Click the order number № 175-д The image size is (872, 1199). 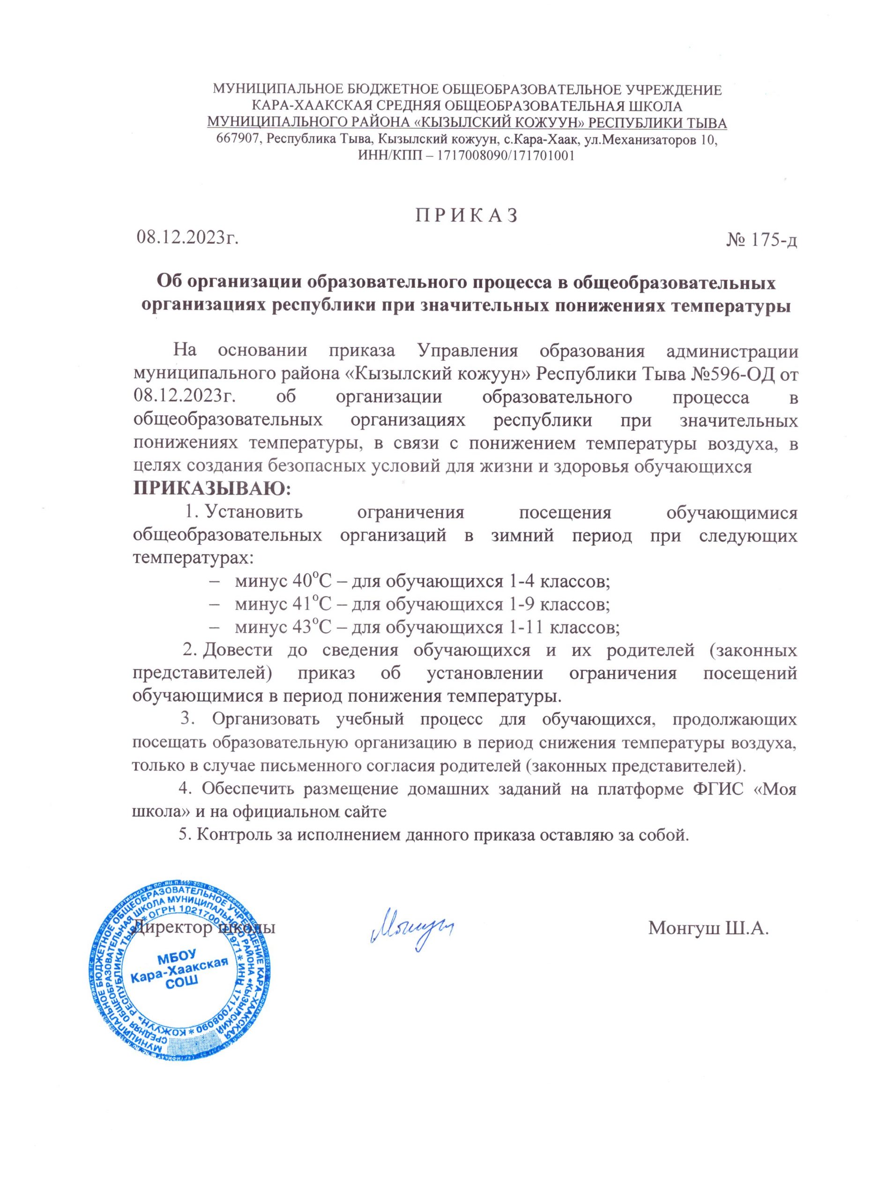[x=762, y=241]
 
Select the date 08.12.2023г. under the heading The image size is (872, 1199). [x=186, y=238]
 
